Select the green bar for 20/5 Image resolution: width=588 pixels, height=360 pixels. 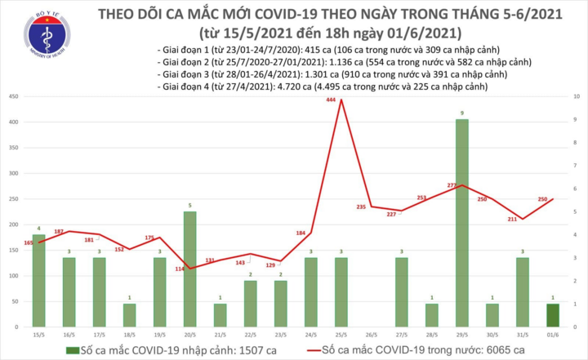pos(189,269)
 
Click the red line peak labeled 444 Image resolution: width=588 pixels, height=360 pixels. pos(341,100)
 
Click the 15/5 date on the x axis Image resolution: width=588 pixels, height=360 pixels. pos(39,335)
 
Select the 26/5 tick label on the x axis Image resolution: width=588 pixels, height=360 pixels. pos(371,335)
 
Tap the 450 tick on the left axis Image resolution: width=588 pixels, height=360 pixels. pos(15,97)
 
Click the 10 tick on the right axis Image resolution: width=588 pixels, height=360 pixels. pos(578,97)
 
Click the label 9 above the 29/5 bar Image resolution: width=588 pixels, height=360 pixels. pos(462,113)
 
